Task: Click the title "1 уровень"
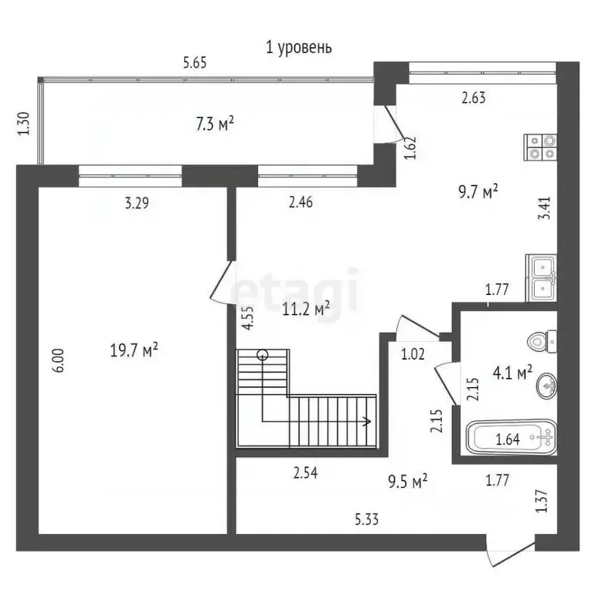click(x=299, y=48)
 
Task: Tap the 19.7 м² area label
click(x=134, y=350)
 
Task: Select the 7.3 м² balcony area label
click(x=215, y=124)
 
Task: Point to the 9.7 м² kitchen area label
click(x=479, y=191)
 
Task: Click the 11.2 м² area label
click(x=306, y=309)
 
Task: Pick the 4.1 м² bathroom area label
click(x=512, y=373)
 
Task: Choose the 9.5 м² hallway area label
click(x=407, y=481)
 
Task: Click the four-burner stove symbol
click(x=540, y=147)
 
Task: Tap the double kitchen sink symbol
click(x=541, y=278)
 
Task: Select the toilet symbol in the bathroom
click(x=542, y=341)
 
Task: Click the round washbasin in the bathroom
click(x=547, y=386)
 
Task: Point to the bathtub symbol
click(x=512, y=438)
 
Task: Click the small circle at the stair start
click(x=262, y=354)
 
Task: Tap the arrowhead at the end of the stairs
click(x=367, y=421)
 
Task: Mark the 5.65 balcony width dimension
click(x=195, y=62)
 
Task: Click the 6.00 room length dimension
click(x=60, y=360)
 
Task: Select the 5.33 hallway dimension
click(x=366, y=519)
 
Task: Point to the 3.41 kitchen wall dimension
click(x=545, y=208)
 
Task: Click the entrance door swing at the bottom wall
click(x=511, y=554)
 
